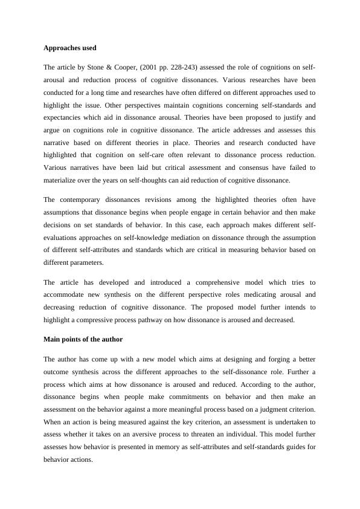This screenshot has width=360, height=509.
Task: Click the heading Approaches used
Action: [70, 47]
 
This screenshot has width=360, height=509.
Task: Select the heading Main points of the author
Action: [83, 339]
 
